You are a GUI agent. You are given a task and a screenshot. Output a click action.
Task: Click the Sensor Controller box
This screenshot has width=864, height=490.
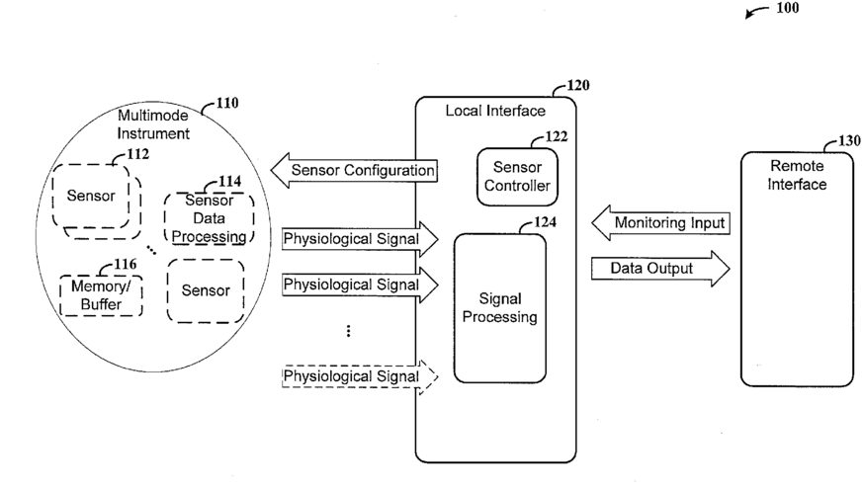(517, 177)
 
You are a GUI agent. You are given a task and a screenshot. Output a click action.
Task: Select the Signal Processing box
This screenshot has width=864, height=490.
(500, 308)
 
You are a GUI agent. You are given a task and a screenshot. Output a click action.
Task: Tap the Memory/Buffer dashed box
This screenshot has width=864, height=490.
(101, 295)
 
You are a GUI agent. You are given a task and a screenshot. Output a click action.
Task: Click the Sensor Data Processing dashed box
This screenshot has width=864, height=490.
(209, 218)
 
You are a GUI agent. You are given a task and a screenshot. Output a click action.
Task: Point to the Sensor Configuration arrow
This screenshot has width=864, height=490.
(354, 171)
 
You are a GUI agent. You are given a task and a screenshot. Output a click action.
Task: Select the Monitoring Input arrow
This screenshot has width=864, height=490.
(660, 223)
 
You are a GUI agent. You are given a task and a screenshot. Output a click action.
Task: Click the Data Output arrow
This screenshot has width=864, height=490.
(660, 269)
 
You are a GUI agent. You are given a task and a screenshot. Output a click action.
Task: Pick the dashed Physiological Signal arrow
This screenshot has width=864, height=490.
(360, 377)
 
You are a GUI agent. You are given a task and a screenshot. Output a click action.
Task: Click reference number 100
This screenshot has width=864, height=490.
(788, 8)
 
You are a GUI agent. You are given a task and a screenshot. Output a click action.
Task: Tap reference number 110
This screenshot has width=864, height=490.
(227, 103)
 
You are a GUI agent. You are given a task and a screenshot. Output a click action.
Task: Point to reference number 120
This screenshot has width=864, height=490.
(578, 85)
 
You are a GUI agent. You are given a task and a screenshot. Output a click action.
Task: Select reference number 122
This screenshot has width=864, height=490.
(556, 136)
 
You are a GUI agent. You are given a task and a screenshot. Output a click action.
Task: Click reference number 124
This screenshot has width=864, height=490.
(545, 222)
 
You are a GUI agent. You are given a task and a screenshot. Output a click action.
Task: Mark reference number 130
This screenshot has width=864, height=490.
(849, 141)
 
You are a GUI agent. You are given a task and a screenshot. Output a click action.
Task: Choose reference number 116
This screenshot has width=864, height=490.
(126, 265)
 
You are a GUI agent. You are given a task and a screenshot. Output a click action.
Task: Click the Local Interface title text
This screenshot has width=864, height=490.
(495, 112)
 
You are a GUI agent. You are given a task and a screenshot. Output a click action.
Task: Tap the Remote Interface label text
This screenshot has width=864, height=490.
(797, 175)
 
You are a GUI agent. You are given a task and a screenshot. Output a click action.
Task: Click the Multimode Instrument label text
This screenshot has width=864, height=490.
(153, 124)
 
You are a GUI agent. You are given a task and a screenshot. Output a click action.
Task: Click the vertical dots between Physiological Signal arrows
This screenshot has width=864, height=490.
(348, 331)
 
